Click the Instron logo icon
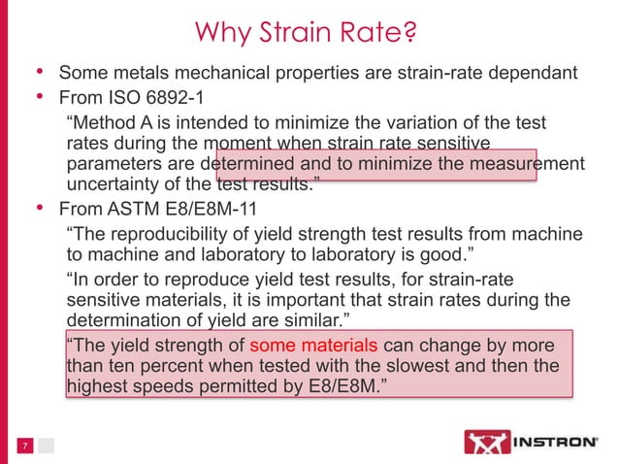pyautogui.click(x=481, y=442)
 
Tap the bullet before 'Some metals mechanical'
pyautogui.click(x=40, y=73)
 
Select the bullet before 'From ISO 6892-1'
pyautogui.click(x=40, y=98)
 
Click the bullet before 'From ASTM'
pyautogui.click(x=40, y=209)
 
